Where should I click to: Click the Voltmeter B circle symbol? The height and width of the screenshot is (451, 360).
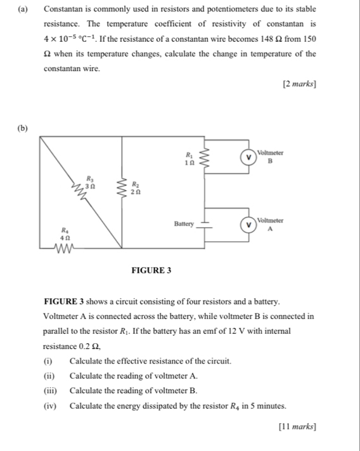click(x=248, y=157)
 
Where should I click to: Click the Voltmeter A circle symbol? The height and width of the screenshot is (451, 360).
click(x=248, y=224)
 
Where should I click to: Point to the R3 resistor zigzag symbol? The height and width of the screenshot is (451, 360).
click(x=81, y=189)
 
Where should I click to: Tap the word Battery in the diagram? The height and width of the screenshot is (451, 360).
click(x=183, y=224)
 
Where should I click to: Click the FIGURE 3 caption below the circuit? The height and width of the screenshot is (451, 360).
click(x=151, y=271)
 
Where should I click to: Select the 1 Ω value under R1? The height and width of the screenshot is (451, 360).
click(x=188, y=162)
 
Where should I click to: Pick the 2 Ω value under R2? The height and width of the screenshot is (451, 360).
click(x=135, y=190)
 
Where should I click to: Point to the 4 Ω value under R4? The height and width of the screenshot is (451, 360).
click(x=65, y=236)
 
